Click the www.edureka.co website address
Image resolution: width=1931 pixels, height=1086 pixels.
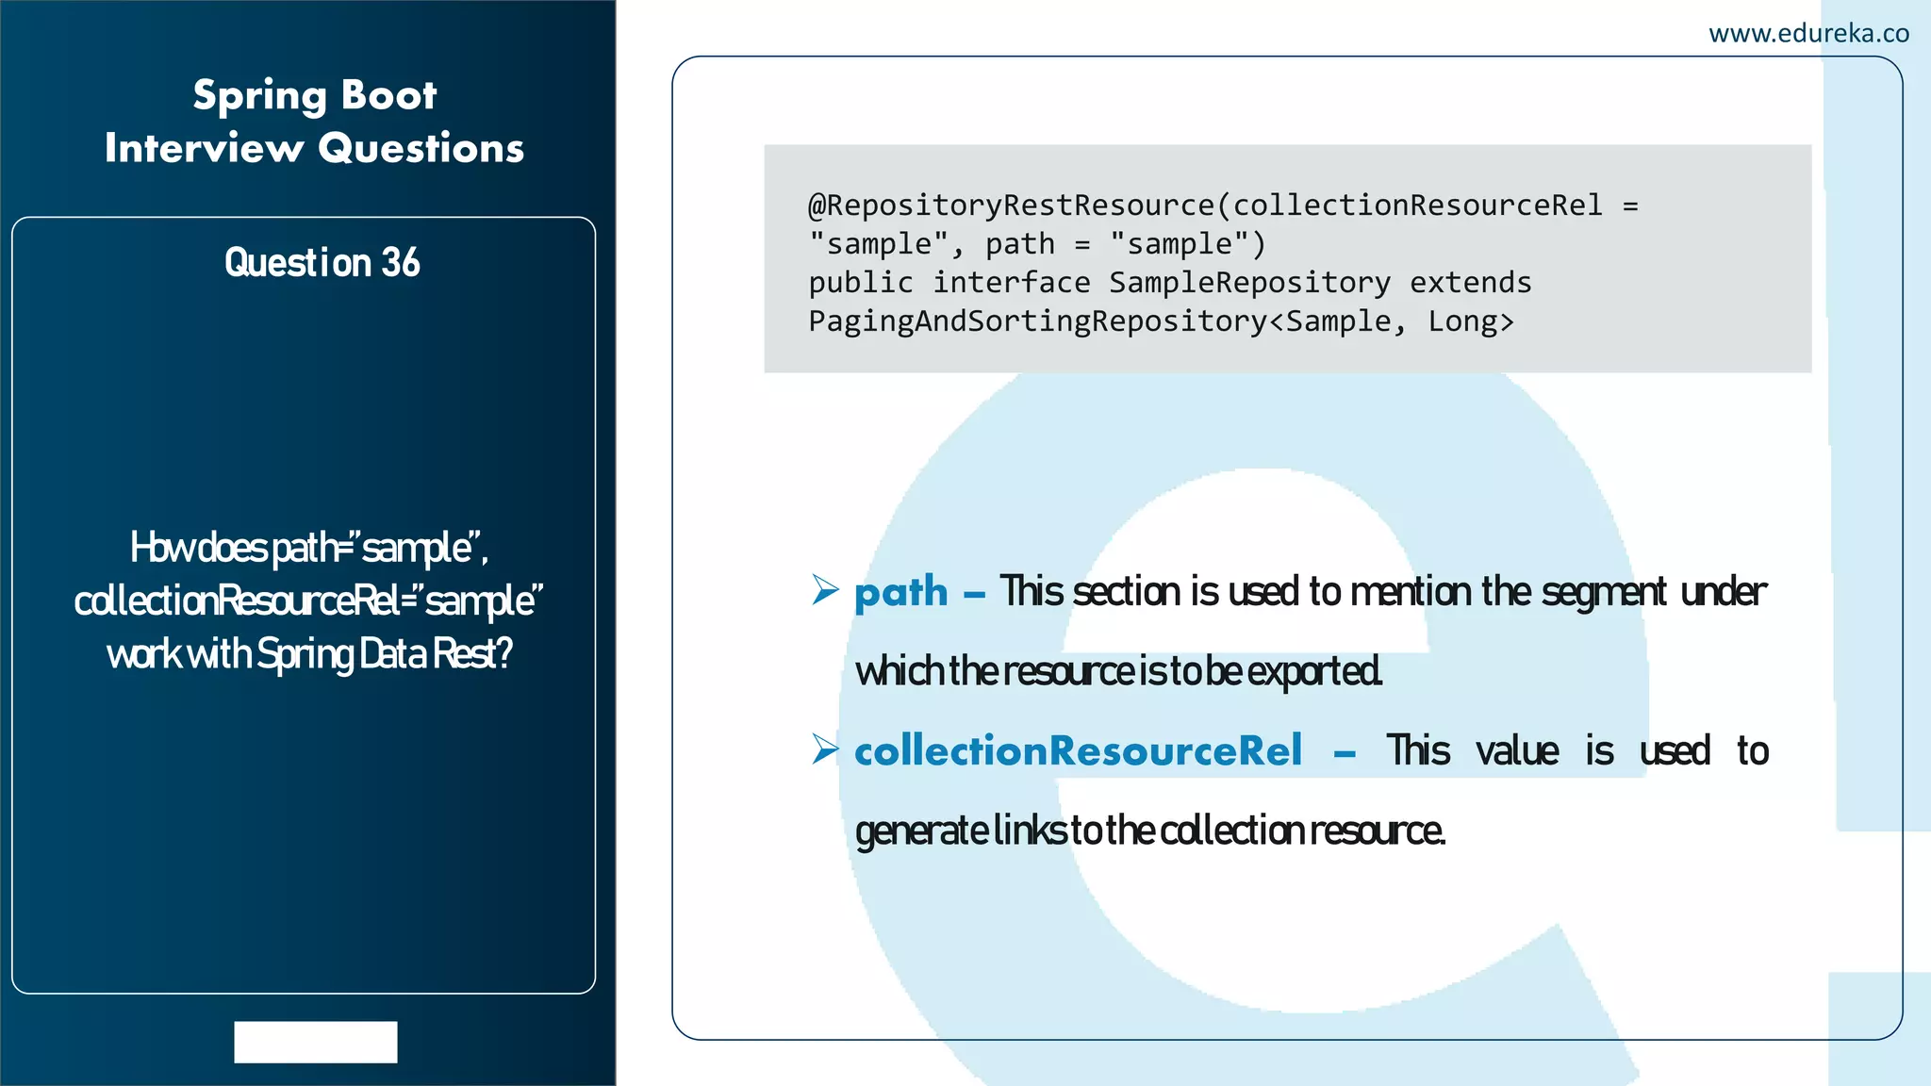1808,34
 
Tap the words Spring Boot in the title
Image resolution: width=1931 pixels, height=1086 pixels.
315,96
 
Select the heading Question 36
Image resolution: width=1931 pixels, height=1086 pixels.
322,263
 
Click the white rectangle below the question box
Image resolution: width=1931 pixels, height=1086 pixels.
316,1042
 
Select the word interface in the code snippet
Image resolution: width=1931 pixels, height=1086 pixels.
1011,283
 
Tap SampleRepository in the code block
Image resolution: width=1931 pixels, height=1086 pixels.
1249,283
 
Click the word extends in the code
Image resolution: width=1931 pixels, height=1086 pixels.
1470,283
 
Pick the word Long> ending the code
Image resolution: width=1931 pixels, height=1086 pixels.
1470,322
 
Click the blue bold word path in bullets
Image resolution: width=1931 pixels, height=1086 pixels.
900,592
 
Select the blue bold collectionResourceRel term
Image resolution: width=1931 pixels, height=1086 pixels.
1078,751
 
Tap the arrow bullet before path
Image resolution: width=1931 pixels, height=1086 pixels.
825,590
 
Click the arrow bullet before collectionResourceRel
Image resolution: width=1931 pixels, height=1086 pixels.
825,749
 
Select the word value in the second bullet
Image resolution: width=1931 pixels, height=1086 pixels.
1516,751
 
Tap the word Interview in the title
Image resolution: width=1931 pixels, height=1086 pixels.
204,149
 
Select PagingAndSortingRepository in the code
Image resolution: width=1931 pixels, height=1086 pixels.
1037,322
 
